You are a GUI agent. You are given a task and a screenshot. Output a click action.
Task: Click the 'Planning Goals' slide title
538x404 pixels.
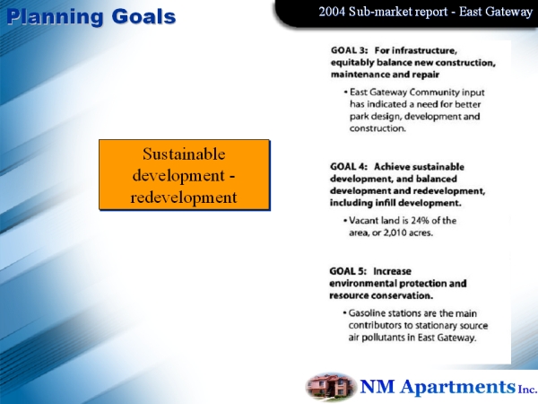[91, 17]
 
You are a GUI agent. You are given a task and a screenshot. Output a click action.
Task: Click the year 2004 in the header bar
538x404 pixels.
[332, 12]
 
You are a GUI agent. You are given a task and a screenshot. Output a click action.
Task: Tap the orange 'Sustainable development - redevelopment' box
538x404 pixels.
[184, 175]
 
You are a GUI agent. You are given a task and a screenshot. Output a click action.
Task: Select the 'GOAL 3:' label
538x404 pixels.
[350, 50]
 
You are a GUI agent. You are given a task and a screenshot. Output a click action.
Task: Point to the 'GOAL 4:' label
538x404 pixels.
[349, 167]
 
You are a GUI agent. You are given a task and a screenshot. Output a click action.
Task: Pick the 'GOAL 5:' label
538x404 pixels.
[348, 271]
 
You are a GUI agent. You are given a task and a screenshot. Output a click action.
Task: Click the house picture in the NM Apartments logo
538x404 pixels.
[330, 387]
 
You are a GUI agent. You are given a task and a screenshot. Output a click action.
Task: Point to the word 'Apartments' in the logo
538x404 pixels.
[457, 387]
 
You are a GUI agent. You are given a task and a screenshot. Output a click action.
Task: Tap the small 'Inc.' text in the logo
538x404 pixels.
[527, 390]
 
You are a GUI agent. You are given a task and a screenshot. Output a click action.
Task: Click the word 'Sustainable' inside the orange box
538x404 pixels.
[184, 154]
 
